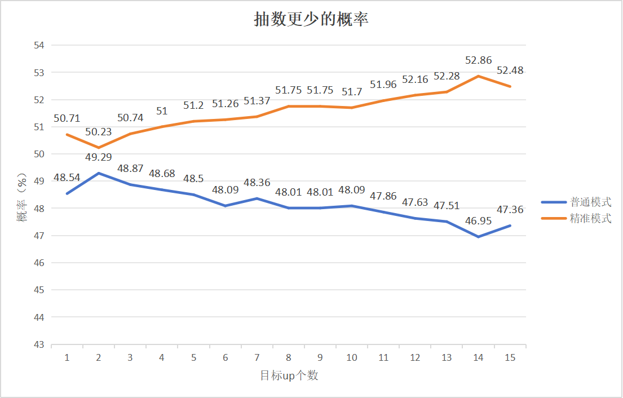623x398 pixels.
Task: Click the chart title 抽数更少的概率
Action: click(x=311, y=20)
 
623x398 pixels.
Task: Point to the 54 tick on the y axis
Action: click(x=39, y=45)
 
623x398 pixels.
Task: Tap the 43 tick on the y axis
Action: click(x=39, y=344)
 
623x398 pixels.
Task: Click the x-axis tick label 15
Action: click(x=510, y=358)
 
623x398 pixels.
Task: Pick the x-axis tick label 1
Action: click(x=67, y=358)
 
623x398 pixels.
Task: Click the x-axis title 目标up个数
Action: click(x=289, y=375)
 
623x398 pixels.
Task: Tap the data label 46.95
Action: click(x=479, y=221)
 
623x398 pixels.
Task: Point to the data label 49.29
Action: click(x=99, y=157)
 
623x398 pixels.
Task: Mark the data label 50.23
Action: click(x=99, y=132)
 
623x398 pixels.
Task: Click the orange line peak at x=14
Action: click(x=479, y=76)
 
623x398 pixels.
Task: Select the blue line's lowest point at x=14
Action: click(x=479, y=237)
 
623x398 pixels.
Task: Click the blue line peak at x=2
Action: click(x=99, y=173)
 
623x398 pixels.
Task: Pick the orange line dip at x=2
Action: click(x=99, y=148)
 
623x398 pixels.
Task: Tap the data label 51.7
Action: click(x=352, y=91)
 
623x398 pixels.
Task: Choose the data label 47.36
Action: click(x=510, y=210)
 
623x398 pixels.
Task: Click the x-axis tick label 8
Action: click(x=289, y=358)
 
